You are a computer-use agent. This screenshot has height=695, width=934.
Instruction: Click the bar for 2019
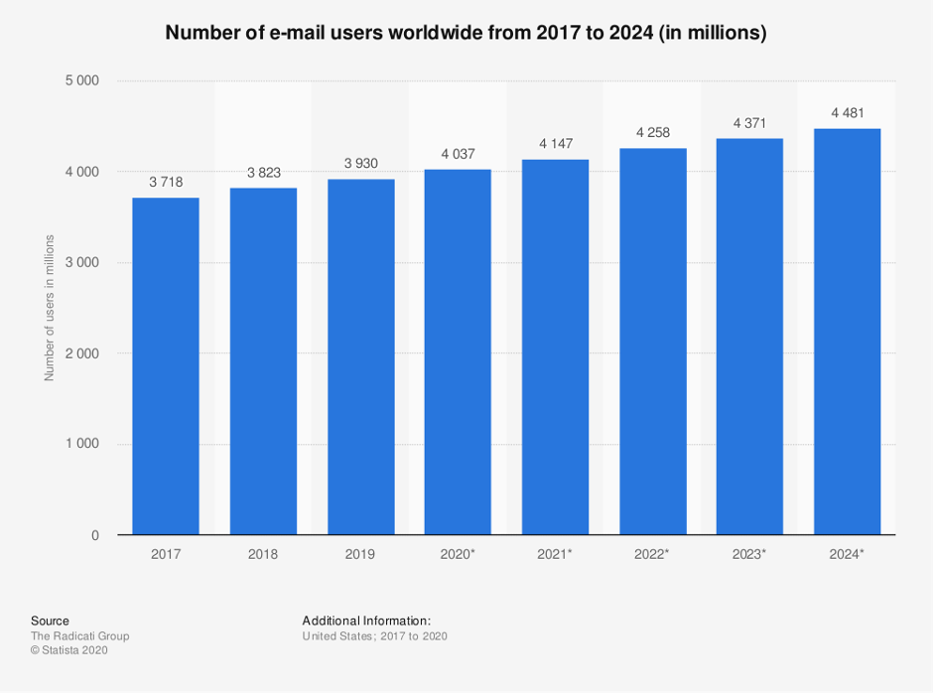coord(360,356)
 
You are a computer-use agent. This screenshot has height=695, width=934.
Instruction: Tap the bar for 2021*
coord(555,347)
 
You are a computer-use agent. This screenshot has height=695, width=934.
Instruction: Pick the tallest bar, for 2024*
coord(847,332)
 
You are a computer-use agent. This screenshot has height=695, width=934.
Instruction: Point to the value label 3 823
coord(263,173)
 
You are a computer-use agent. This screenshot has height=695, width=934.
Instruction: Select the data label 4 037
coord(458,154)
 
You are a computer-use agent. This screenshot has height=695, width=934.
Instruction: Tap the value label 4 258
coord(652,133)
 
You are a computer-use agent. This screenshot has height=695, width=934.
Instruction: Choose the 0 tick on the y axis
coord(94,535)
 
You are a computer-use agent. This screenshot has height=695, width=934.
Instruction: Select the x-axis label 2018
coord(263,554)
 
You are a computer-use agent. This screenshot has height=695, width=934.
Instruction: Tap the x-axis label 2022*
coord(652,554)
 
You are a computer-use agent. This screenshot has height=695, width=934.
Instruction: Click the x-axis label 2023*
coord(749,554)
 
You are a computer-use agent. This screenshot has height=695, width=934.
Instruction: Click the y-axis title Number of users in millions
coord(49,308)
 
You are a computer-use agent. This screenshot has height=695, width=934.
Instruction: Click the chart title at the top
coord(467,33)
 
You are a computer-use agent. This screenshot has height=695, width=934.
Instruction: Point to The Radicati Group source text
coord(79,635)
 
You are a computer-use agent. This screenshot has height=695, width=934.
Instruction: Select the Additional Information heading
coord(366,621)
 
